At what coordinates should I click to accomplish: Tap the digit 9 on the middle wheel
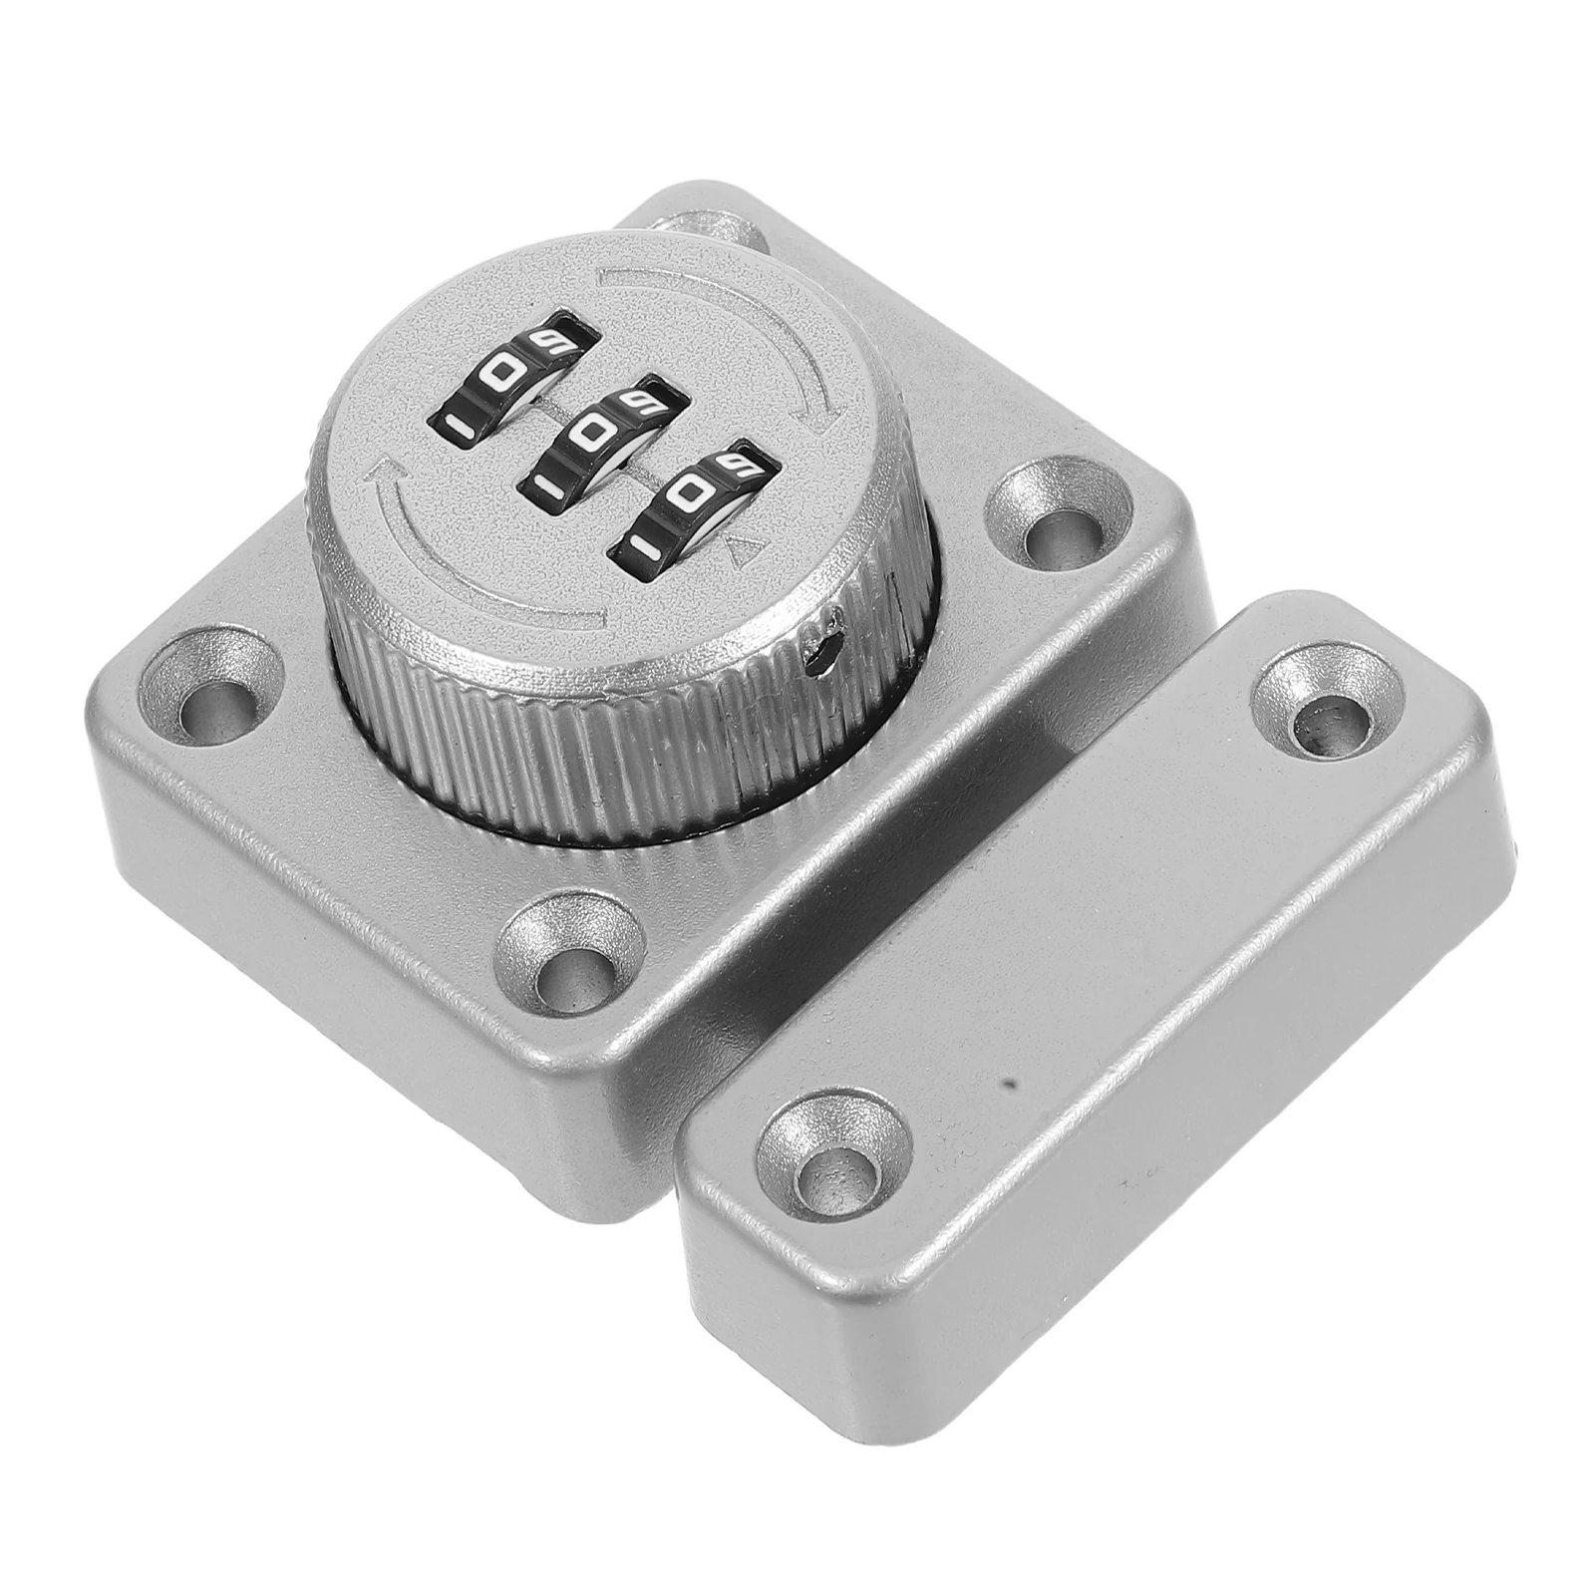634,402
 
